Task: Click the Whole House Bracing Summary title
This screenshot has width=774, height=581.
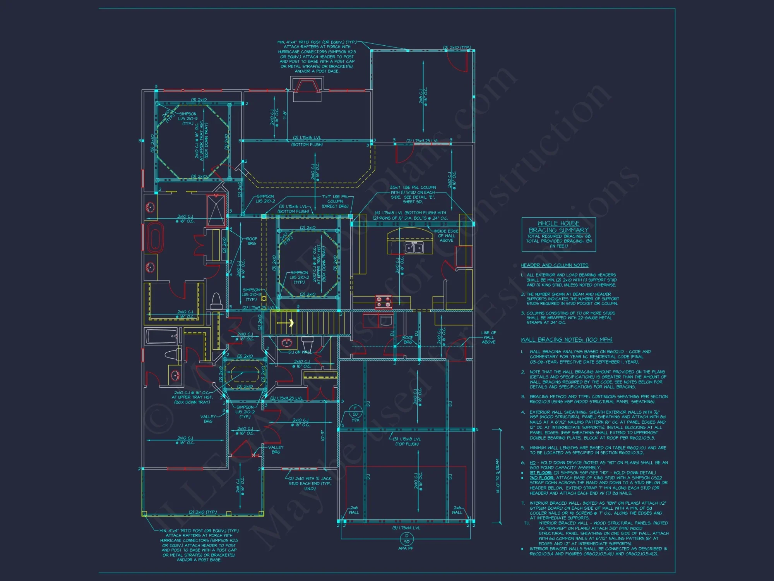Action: [558, 227]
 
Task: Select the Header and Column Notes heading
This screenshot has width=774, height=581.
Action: [555, 265]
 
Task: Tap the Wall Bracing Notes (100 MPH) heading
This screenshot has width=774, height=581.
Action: [567, 340]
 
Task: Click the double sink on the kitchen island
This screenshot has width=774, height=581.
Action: [414, 247]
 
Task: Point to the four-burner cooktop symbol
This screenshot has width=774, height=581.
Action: [384, 302]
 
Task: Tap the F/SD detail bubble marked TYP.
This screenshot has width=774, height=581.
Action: [355, 411]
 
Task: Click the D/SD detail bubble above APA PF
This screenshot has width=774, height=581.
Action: [406, 539]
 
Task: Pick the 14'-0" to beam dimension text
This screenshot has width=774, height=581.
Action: [498, 476]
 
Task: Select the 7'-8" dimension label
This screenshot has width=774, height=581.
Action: [285, 115]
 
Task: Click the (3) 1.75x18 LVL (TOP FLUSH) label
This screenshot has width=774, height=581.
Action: [407, 442]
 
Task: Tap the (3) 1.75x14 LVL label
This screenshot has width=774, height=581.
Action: [406, 528]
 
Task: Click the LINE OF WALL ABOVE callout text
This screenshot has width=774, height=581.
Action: [488, 337]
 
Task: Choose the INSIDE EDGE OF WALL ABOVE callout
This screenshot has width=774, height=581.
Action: [446, 235]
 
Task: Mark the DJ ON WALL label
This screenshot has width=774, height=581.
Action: [300, 352]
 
